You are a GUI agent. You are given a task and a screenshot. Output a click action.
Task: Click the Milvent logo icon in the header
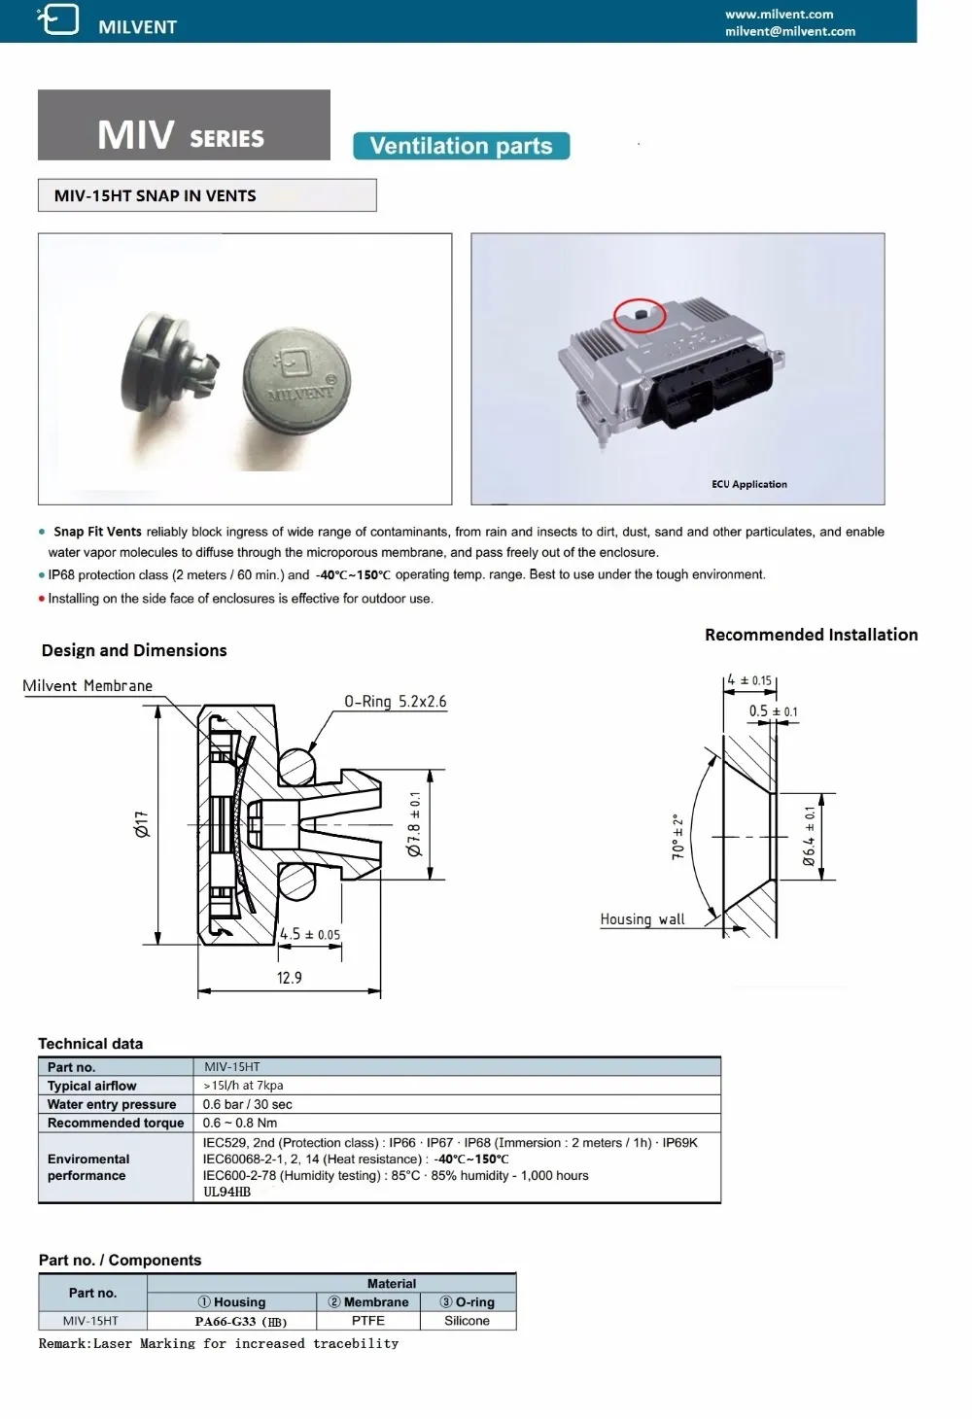58,19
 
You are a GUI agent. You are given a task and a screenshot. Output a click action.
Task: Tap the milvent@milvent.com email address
789,31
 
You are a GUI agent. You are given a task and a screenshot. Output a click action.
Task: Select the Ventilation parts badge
461,146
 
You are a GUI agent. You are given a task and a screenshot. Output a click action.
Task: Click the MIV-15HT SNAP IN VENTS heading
156,195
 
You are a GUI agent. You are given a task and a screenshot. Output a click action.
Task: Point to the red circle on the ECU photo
640,315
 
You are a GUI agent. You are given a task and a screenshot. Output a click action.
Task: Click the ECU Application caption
748,484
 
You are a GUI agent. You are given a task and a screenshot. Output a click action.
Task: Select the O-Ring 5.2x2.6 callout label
395,702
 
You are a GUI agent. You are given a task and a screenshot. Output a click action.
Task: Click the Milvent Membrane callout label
87,686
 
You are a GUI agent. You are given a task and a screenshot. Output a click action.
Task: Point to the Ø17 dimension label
142,825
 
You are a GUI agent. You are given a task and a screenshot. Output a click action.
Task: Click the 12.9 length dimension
289,978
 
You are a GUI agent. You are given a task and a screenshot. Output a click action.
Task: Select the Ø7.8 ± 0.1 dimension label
415,825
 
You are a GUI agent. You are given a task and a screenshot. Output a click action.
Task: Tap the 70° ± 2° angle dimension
678,837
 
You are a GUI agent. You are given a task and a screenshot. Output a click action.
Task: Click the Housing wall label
642,919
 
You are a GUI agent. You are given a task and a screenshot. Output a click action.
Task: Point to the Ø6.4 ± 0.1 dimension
810,837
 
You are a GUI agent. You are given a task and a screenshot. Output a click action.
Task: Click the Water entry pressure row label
112,1104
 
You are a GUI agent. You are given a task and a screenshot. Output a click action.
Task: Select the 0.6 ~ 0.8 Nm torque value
240,1123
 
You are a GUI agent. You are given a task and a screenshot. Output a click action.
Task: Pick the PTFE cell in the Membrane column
368,1321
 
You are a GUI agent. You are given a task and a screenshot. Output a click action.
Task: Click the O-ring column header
468,1302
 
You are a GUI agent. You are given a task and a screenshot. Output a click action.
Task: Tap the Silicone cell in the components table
467,1321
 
